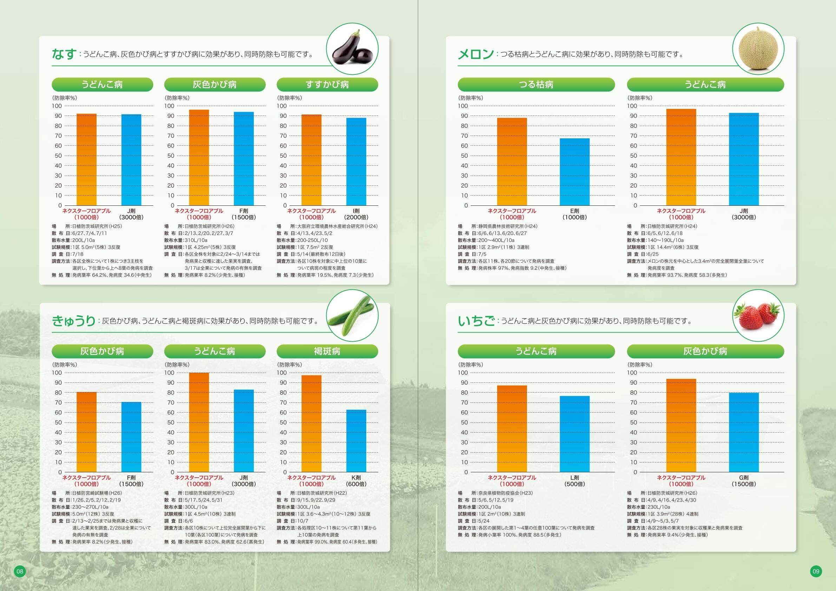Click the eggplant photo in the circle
[x=353, y=49]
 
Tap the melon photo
[x=758, y=49]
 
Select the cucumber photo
[x=352, y=315]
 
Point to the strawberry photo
[x=758, y=315]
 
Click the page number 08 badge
[x=20, y=571]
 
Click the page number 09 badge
[x=816, y=571]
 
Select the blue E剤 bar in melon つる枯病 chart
[x=574, y=172]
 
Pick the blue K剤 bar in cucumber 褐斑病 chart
[x=356, y=441]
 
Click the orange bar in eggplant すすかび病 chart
[x=311, y=160]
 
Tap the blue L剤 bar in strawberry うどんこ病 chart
[x=574, y=434]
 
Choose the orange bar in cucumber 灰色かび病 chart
[x=86, y=432]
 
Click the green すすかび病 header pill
[x=327, y=85]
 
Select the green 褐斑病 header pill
[x=327, y=351]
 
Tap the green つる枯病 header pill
[x=536, y=85]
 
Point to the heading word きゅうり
[x=73, y=321]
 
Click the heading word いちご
[x=476, y=321]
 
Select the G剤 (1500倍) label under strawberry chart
[x=744, y=481]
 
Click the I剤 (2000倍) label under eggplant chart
[x=356, y=214]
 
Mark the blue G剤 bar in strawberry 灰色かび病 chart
[x=744, y=432]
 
